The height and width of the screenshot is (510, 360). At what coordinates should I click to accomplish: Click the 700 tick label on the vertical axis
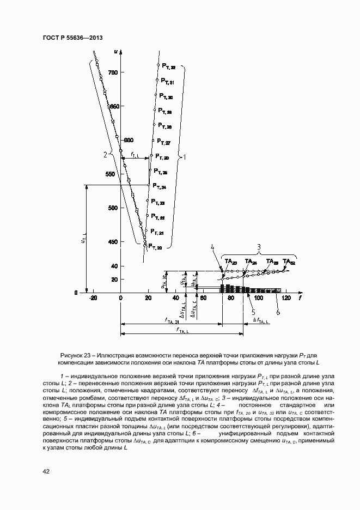point(113,72)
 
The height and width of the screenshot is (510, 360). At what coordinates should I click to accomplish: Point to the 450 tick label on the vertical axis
point(113,242)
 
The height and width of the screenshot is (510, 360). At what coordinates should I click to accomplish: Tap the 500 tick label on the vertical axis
point(113,208)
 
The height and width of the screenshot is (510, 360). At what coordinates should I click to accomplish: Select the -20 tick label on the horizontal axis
point(94,299)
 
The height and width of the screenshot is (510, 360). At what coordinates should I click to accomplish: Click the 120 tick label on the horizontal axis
point(285,299)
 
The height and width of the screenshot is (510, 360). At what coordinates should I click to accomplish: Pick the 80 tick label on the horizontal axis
point(230,299)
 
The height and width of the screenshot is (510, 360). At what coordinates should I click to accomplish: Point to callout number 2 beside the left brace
point(105,154)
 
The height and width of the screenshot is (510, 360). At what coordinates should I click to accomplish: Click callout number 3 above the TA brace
point(259,247)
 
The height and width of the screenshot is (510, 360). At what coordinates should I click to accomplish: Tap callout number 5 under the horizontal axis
point(253,312)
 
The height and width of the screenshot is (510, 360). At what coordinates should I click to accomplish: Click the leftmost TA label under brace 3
point(230,262)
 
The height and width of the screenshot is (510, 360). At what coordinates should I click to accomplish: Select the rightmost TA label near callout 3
point(289,262)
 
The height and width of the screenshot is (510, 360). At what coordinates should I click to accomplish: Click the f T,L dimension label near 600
point(135,155)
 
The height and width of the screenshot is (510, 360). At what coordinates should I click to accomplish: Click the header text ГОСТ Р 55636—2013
point(72,37)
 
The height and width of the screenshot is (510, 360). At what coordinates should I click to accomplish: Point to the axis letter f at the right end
point(300,299)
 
